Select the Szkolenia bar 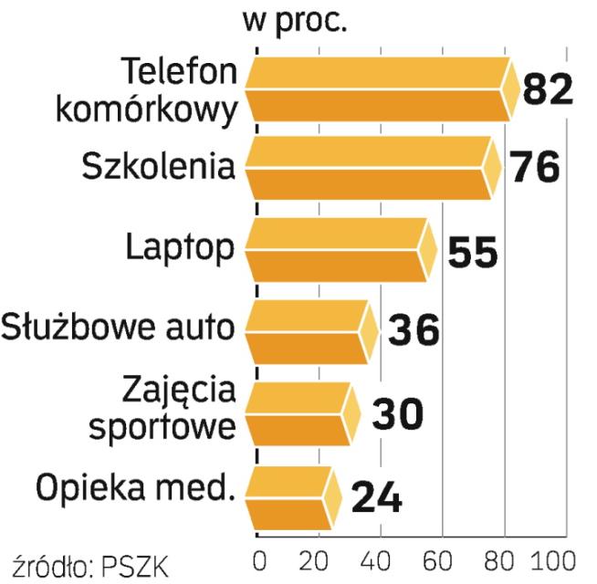tap(370, 169)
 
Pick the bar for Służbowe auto tap(309, 331)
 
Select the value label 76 tap(533, 169)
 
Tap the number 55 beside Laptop tap(473, 252)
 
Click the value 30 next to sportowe tap(397, 415)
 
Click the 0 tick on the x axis tap(259, 558)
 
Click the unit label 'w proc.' tap(295, 19)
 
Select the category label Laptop tap(179, 248)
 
